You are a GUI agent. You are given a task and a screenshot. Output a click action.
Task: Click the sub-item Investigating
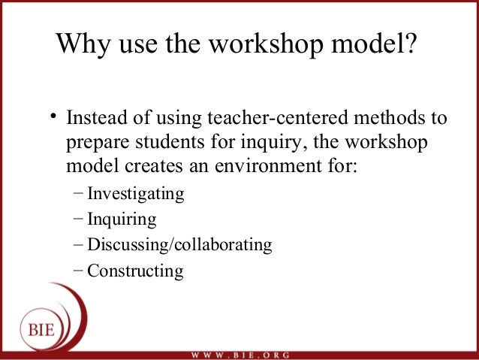136,194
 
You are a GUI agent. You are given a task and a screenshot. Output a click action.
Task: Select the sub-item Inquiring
122,219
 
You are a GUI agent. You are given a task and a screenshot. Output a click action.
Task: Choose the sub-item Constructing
135,271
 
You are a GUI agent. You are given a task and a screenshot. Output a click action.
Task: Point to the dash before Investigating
80,193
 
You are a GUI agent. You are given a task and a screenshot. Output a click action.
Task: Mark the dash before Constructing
80,270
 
